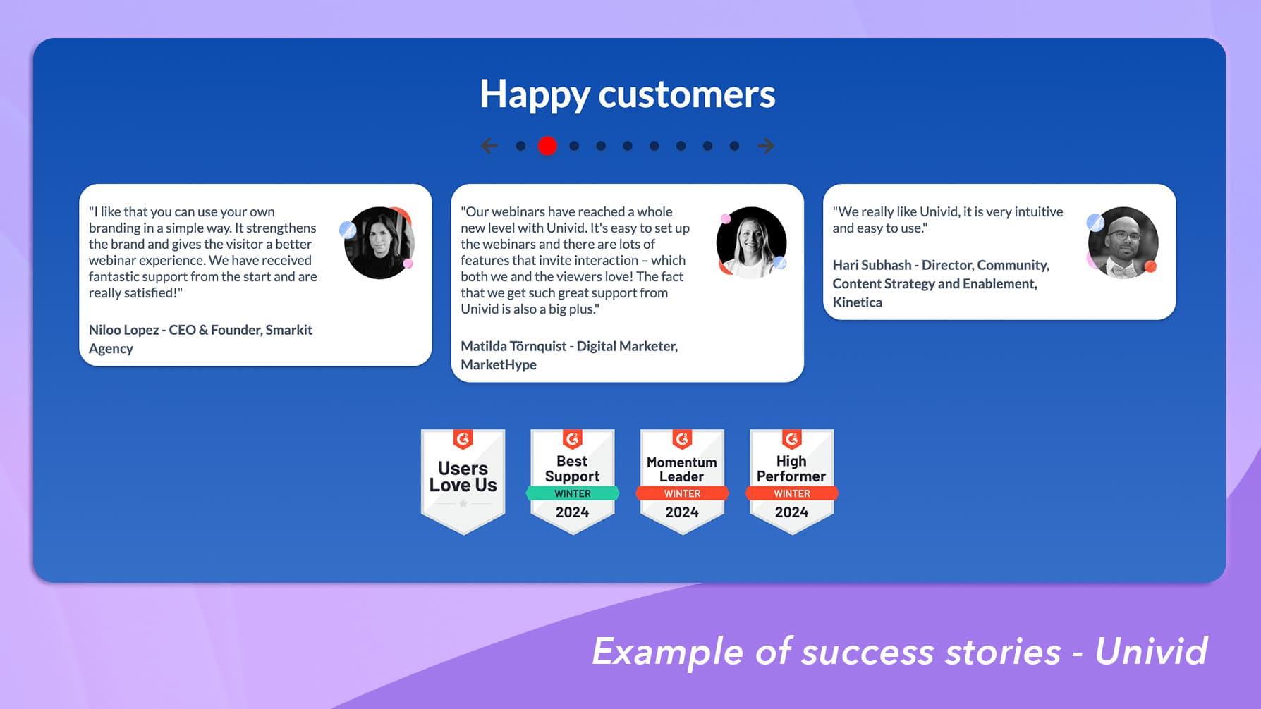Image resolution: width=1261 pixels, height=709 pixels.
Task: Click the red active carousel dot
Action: click(547, 146)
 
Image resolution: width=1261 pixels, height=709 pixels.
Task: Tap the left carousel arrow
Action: click(489, 146)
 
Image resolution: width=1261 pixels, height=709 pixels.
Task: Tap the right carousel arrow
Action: click(766, 146)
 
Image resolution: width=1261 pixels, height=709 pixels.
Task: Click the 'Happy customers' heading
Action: click(627, 94)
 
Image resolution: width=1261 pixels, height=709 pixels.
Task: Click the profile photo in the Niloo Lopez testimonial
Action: click(379, 242)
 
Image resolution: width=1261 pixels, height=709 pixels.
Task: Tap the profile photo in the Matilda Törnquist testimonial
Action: click(751, 242)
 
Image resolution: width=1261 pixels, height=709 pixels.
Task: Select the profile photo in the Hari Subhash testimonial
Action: click(1123, 242)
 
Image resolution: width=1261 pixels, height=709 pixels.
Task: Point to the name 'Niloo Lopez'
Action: click(123, 330)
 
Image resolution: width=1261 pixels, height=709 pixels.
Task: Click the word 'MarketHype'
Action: click(499, 365)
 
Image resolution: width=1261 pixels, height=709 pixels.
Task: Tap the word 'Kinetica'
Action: click(857, 302)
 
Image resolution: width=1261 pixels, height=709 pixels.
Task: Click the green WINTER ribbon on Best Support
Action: click(572, 493)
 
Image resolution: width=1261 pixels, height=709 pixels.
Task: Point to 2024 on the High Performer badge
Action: click(791, 512)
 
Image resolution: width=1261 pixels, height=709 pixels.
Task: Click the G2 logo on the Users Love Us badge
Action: click(463, 440)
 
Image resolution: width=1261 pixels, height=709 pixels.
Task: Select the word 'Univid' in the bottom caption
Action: click(1151, 651)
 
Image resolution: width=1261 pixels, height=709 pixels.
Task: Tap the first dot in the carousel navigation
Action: click(520, 146)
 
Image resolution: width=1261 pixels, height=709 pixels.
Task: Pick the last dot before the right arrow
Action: click(734, 146)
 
